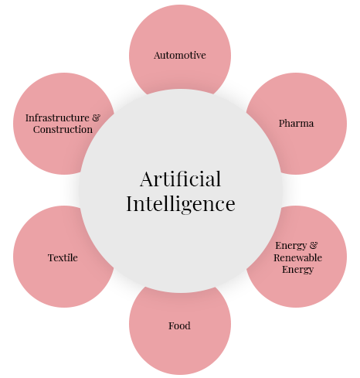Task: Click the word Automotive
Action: tap(180, 55)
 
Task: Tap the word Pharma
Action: tap(296, 123)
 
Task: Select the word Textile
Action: tap(63, 257)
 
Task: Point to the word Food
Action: tap(179, 325)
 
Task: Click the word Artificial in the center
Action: tap(180, 179)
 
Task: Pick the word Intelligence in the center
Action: tap(181, 203)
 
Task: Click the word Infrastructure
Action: tap(57, 117)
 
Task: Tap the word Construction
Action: tap(63, 129)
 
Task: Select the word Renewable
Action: tap(297, 257)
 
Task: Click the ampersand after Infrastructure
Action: tap(96, 117)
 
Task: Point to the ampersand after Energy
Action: tap(314, 245)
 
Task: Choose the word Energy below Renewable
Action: tap(297, 270)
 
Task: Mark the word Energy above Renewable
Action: tap(291, 246)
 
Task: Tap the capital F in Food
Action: tap(172, 325)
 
